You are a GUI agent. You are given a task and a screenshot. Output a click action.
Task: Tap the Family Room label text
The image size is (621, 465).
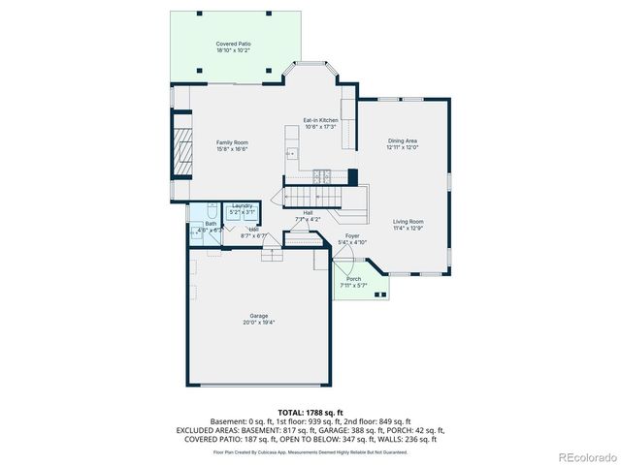(x=232, y=142)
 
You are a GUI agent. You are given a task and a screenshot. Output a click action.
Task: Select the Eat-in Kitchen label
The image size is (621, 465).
(x=320, y=119)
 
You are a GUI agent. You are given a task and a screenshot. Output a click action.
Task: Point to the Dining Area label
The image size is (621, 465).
(x=402, y=141)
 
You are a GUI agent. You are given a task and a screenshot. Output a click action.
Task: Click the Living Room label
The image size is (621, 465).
(x=408, y=222)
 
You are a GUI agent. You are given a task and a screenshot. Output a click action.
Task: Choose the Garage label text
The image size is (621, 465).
(x=258, y=317)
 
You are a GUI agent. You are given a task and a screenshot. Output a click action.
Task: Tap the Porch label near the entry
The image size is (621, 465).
(x=353, y=279)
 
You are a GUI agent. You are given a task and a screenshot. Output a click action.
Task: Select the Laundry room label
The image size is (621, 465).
(x=242, y=205)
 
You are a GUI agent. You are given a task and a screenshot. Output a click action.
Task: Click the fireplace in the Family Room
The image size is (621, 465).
(x=182, y=145)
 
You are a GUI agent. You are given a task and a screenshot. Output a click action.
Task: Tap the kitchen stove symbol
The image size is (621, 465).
(x=321, y=176)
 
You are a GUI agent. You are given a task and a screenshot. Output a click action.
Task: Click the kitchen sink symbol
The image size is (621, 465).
(x=291, y=153)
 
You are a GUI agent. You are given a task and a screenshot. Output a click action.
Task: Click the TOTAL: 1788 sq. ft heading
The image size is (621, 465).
(x=310, y=412)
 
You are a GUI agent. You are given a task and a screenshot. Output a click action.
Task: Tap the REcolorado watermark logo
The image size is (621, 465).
(x=583, y=456)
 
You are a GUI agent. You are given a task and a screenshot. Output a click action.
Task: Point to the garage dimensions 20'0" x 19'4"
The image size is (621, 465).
(x=258, y=324)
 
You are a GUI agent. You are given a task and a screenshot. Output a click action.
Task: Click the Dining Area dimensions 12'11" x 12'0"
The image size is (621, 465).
(x=402, y=147)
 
